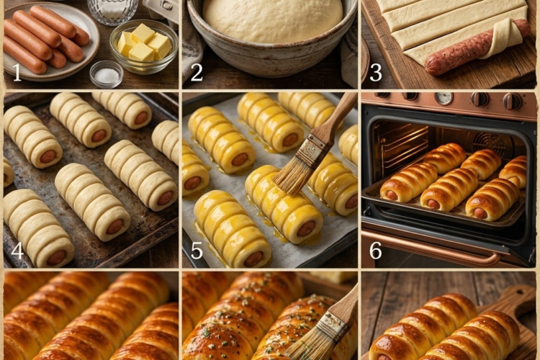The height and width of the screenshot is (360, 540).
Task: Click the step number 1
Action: tap(17, 73)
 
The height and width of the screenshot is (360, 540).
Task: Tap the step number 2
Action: tap(197, 73)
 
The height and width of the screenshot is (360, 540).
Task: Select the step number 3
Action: tap(376, 73)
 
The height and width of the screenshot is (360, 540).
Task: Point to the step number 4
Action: tap(17, 251)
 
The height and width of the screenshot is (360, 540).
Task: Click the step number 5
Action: tap(197, 251)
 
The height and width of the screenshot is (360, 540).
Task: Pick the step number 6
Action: tap(376, 251)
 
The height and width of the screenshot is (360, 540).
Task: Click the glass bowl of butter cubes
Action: tap(144, 46)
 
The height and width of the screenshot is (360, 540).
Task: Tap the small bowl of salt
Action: tap(107, 73)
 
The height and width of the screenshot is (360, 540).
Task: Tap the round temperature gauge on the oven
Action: tap(444, 98)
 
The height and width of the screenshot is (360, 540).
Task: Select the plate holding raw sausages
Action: tap(52, 41)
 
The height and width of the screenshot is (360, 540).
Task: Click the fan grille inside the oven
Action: tap(489, 143)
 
